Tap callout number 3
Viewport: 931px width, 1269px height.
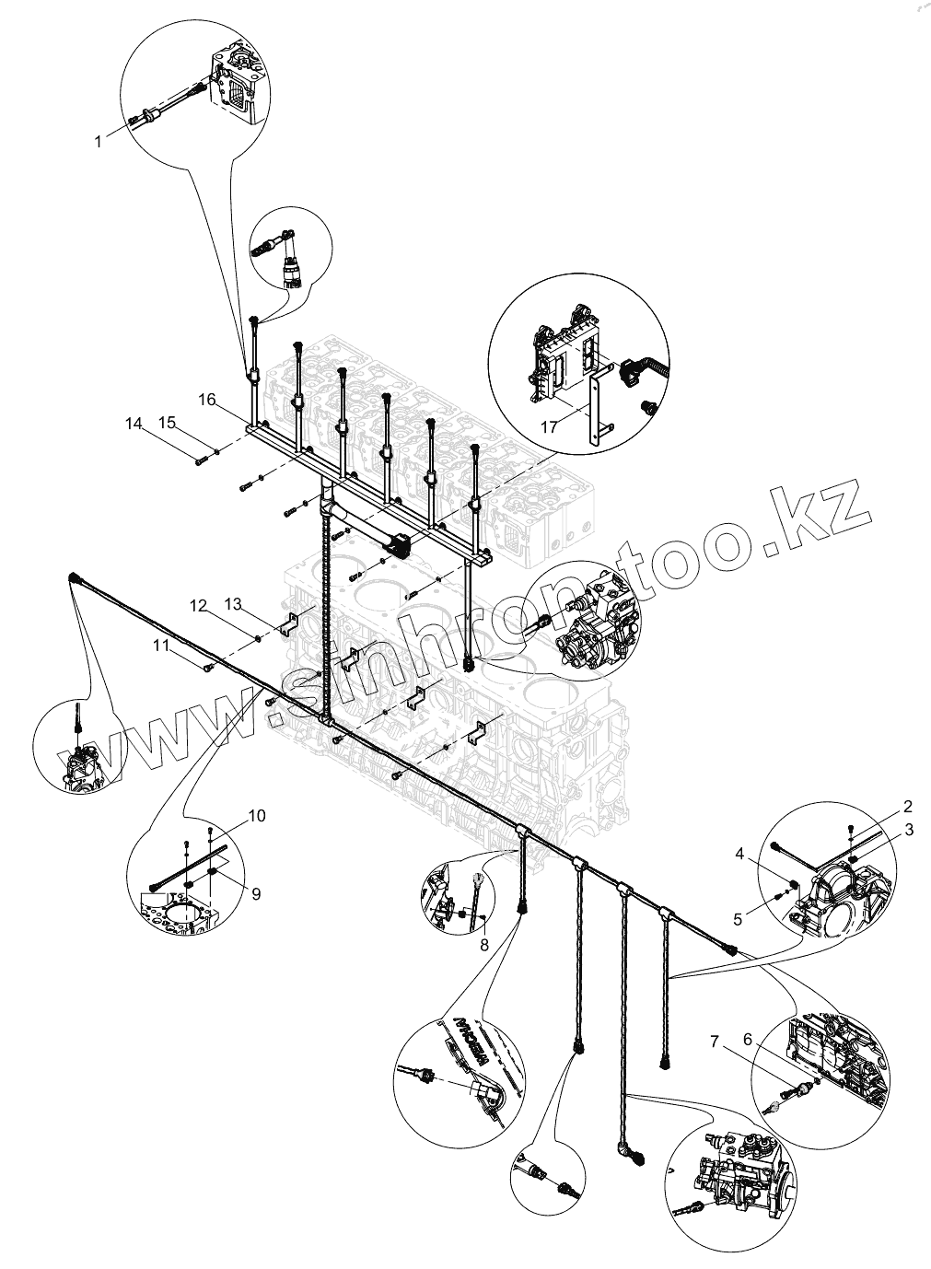pyautogui.click(x=909, y=830)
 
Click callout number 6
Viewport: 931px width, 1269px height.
pyautogui.click(x=748, y=1039)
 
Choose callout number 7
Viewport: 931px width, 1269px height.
pyautogui.click(x=714, y=1042)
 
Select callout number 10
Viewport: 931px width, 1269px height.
pyautogui.click(x=256, y=816)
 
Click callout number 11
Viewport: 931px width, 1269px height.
pyautogui.click(x=162, y=646)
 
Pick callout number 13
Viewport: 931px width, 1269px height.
pyautogui.click(x=232, y=603)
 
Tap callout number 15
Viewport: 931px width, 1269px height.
pyautogui.click(x=167, y=423)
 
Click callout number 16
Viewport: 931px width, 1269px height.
pyautogui.click(x=206, y=399)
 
